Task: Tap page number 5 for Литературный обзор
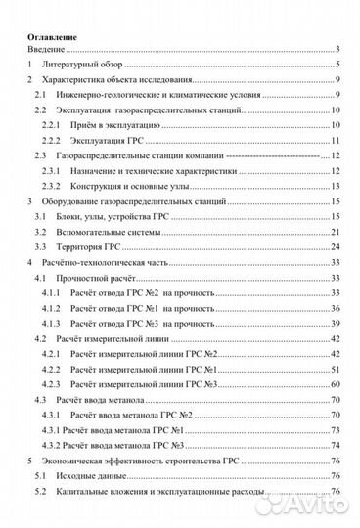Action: [336, 64]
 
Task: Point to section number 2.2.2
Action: [52, 141]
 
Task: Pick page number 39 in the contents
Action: [334, 323]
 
